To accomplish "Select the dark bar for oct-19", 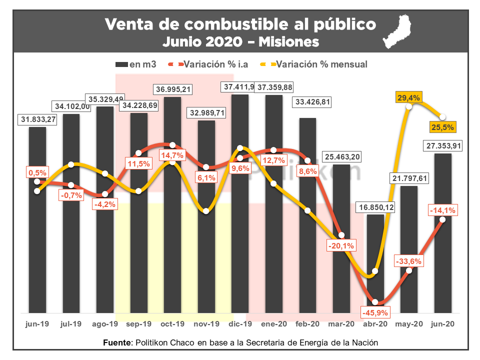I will point(172,210).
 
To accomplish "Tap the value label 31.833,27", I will point(37,119).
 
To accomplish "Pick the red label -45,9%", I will point(374,313).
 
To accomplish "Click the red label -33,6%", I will point(409,260).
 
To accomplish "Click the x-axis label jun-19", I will point(37,324).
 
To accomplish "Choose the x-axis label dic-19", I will point(240,324).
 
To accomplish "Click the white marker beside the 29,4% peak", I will point(409,106).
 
